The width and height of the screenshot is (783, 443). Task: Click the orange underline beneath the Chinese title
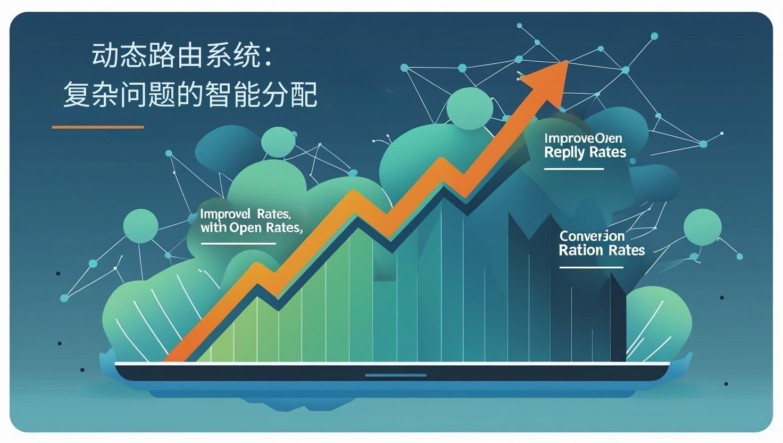[98, 127]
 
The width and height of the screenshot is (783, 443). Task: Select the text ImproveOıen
[583, 138]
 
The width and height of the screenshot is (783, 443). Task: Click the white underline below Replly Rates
[573, 169]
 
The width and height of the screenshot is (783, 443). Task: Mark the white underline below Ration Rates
[590, 267]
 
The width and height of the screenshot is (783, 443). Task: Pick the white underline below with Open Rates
[238, 244]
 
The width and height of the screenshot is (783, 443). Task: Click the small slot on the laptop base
[395, 375]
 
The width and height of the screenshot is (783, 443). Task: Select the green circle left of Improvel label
[141, 226]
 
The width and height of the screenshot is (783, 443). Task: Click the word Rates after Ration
[626, 250]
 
